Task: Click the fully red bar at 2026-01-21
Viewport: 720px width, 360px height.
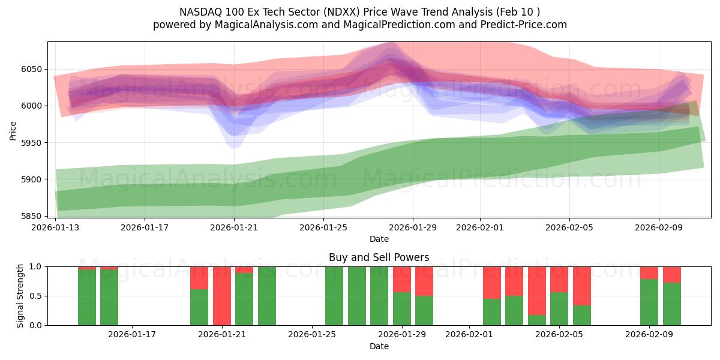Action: (222, 296)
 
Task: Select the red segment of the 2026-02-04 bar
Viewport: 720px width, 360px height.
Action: (537, 290)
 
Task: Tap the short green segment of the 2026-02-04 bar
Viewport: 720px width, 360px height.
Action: (537, 320)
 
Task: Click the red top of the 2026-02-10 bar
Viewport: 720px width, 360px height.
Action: (672, 274)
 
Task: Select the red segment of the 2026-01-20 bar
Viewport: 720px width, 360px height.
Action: (199, 278)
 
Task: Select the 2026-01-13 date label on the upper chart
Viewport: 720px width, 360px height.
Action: (56, 228)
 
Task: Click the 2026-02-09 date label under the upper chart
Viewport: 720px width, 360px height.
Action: (659, 228)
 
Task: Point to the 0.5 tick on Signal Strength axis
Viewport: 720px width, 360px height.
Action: (37, 296)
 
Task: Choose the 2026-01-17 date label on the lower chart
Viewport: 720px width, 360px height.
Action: (132, 335)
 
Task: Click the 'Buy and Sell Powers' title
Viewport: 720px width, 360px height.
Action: (379, 257)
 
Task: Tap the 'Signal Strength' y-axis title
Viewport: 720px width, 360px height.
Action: (20, 296)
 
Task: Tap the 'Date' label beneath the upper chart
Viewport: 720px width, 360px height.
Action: (379, 239)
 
